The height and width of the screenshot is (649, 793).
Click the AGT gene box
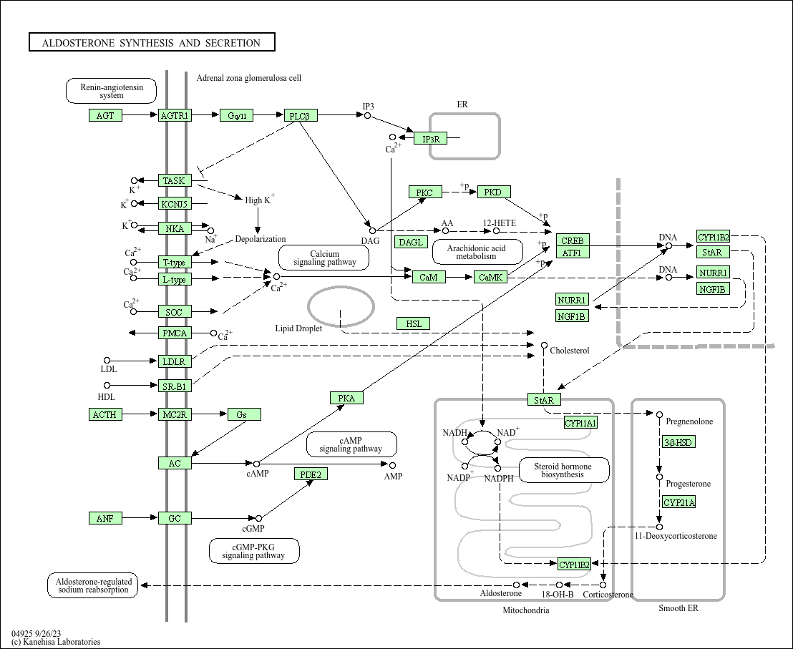pos(105,115)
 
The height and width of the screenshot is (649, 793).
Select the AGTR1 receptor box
pos(175,115)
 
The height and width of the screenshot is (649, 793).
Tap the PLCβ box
pos(300,116)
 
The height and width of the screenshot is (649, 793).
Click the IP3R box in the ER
pos(430,138)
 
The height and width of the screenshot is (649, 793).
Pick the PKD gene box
pos(494,192)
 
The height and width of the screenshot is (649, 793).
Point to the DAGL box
pos(411,242)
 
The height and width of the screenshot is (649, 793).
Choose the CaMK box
pos(490,277)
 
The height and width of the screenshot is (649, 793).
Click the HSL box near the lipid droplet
pos(414,323)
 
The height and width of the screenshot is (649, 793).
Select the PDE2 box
pos(311,474)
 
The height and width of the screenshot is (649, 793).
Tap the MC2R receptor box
pos(175,414)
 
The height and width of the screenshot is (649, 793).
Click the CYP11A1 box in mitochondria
pos(580,423)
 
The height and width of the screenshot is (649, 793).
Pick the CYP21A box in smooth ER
pos(678,502)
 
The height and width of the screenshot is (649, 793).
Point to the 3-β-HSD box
pos(678,442)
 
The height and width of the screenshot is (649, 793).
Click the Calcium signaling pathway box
pos(323,258)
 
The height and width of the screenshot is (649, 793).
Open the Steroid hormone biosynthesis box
pos(564,470)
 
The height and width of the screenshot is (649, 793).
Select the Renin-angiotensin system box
pos(111,91)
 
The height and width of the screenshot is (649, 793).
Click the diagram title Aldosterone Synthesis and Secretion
pos(152,43)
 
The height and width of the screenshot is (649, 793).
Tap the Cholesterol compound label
pos(569,351)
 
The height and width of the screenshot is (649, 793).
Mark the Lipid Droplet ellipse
pos(341,305)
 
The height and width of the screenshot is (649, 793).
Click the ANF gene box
pos(105,518)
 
